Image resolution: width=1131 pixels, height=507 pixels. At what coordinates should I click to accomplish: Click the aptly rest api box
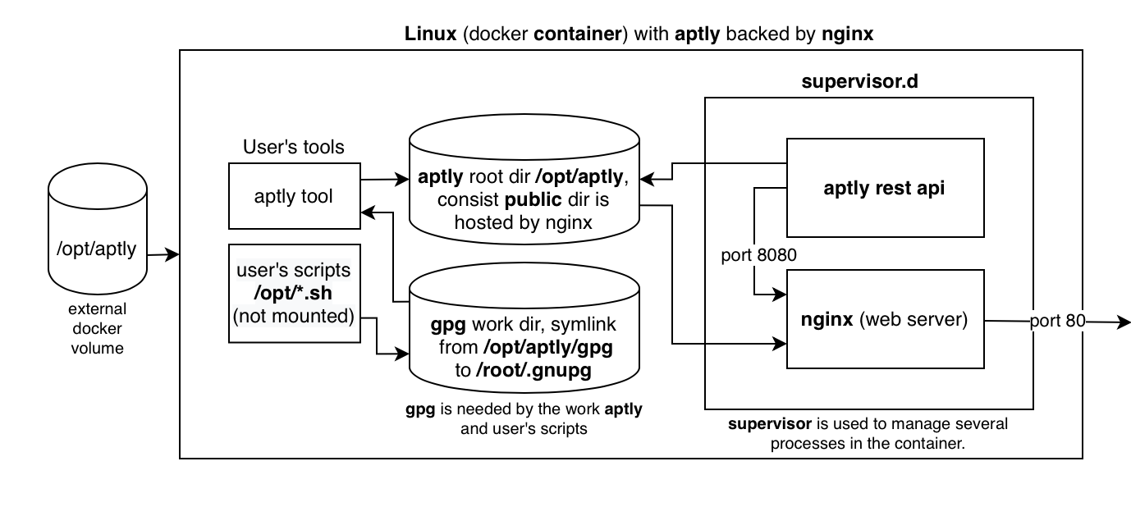pos(885,188)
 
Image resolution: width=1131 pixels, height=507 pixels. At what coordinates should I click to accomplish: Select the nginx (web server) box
pos(885,320)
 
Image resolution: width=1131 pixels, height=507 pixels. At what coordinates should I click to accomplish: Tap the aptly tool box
pos(294,195)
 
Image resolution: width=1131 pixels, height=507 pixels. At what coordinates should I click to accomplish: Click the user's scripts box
pos(294,293)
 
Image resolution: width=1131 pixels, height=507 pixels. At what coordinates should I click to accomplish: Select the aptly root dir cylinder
pos(523,189)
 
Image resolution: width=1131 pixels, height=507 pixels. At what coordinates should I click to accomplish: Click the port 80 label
pos(1058,322)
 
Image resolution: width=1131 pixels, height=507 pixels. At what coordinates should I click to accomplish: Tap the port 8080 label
pos(759,255)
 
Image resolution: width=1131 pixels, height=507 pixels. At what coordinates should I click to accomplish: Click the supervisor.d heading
pos(868,83)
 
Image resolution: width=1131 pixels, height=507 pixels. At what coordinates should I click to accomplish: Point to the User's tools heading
pos(294,148)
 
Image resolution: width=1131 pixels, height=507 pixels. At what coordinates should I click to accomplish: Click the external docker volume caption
pos(97,328)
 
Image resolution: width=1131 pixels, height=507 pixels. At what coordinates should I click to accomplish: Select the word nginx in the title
pos(846,34)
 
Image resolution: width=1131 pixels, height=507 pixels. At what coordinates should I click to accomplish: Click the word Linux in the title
pos(431,34)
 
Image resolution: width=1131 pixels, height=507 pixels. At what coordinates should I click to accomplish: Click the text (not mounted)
pos(294,315)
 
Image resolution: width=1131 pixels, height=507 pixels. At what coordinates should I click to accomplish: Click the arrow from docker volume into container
pos(163,255)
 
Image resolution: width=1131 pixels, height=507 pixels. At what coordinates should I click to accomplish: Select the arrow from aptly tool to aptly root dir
pos(384,179)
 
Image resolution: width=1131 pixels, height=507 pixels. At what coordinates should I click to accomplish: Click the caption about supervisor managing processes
pos(868,432)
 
